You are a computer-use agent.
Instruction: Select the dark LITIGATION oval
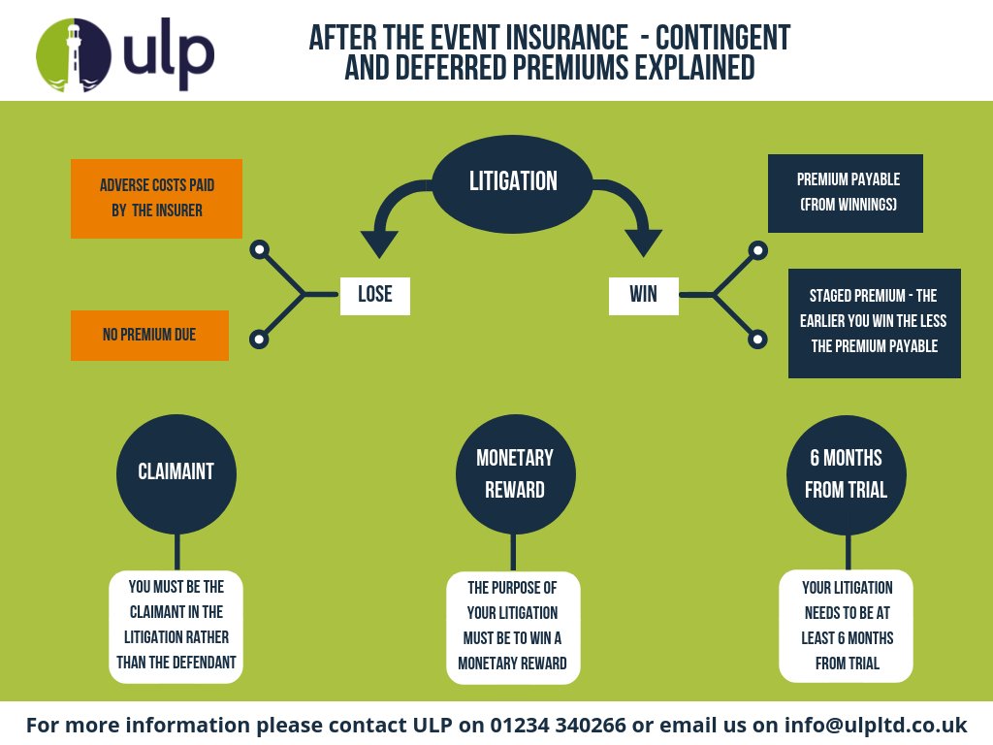tap(513, 181)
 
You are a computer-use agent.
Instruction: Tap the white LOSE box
tap(375, 295)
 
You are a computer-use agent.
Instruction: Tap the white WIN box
tap(643, 295)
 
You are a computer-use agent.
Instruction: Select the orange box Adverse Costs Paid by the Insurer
tap(156, 198)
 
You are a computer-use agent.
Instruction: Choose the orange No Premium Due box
tap(149, 335)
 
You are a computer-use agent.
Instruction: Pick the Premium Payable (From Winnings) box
tap(845, 193)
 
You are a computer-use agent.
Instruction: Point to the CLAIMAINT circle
tap(176, 472)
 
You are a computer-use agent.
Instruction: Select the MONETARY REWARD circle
tap(515, 473)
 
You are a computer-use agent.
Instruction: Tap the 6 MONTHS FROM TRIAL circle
tap(847, 473)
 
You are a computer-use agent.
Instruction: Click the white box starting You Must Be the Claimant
tap(176, 626)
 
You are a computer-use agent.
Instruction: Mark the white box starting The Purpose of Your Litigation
tap(513, 626)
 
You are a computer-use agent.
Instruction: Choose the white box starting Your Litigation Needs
tap(847, 626)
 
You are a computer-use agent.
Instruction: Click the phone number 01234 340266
tap(544, 725)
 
